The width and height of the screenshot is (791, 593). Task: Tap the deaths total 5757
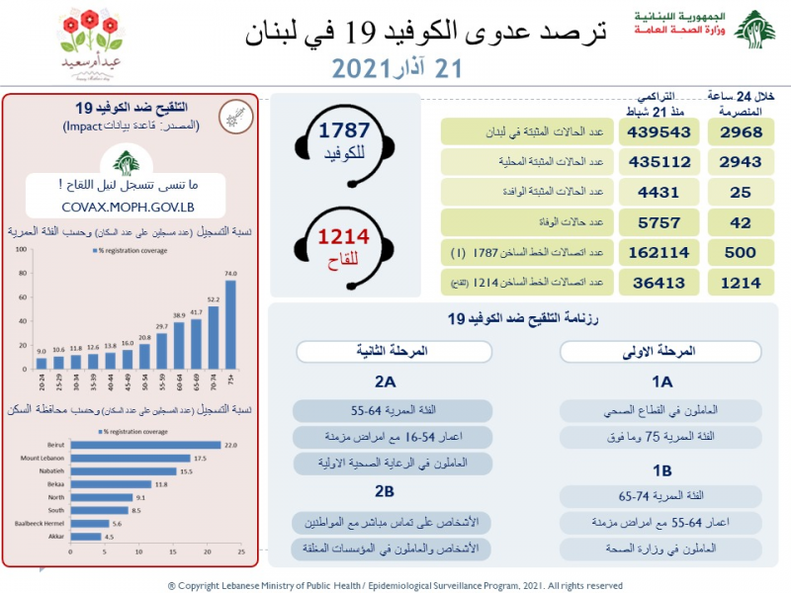[660, 223]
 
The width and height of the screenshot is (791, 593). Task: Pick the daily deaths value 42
[741, 223]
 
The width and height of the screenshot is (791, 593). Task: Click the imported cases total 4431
[660, 194]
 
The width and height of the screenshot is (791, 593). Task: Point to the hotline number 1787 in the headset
[343, 131]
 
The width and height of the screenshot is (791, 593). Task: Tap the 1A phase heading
[661, 381]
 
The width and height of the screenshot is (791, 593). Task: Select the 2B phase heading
[384, 491]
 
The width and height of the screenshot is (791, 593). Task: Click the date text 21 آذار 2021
[395, 69]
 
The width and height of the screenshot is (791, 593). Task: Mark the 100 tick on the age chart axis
[19, 251]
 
